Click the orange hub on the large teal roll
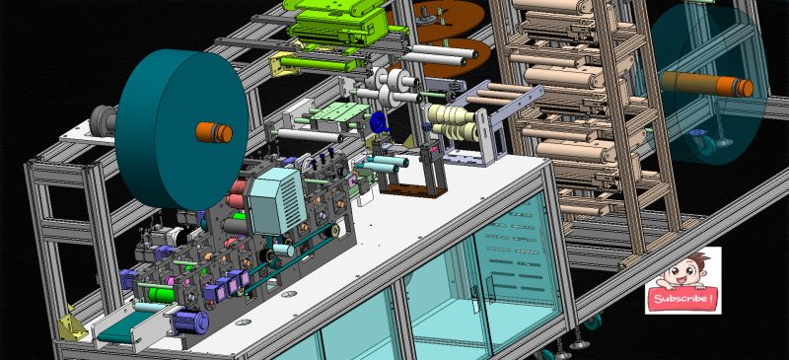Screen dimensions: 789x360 [214, 132]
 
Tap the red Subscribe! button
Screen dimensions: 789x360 [682, 298]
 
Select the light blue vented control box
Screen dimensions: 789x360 [278, 200]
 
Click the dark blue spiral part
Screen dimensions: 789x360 [380, 121]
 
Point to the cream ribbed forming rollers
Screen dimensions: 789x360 [453, 123]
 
